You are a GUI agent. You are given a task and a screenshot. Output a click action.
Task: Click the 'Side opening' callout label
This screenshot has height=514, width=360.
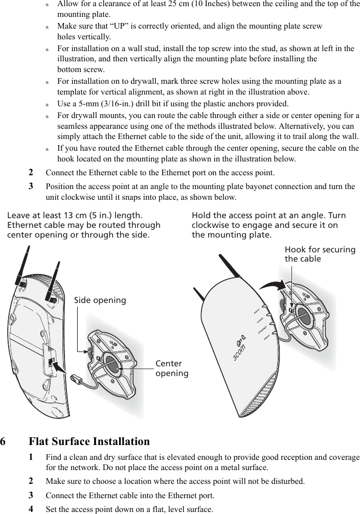click(100, 300)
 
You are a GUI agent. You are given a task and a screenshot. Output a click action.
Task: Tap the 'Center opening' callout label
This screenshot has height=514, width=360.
click(172, 368)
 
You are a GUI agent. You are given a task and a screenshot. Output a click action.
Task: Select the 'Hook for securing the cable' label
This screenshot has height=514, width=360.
click(320, 254)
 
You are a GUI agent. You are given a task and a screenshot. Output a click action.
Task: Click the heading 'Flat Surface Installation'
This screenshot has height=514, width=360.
click(89, 441)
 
